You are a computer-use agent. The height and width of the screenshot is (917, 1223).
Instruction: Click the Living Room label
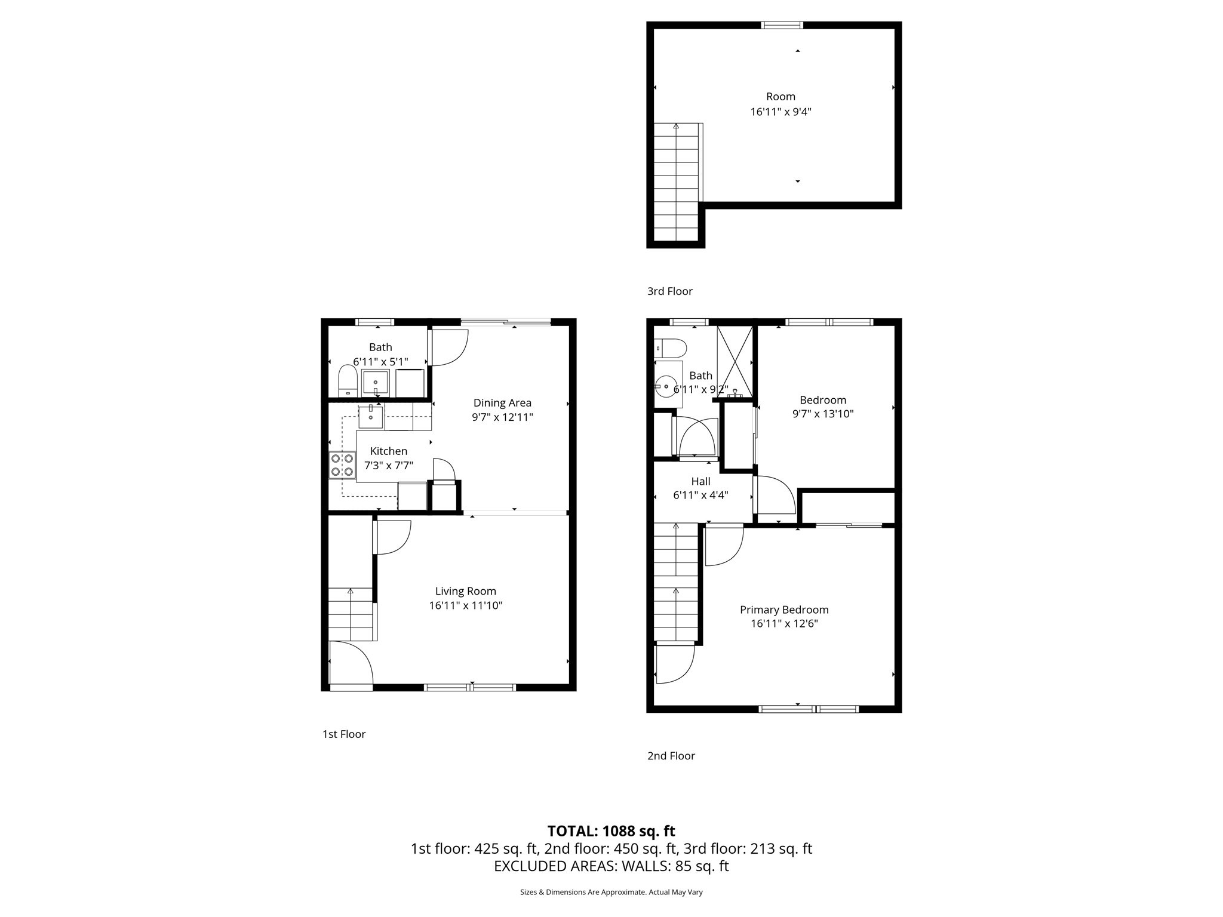465,591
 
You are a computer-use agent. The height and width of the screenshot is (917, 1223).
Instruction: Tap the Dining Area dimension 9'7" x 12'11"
502,417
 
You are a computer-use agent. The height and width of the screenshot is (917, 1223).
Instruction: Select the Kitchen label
389,451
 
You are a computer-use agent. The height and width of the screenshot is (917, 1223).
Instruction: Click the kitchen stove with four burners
342,465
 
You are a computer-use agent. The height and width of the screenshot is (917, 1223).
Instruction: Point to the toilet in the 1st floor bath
348,381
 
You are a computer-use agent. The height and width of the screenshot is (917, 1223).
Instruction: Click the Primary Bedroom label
784,610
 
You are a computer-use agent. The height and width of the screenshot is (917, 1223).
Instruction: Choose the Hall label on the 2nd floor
700,481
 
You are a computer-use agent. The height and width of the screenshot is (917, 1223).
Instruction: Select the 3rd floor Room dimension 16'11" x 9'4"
780,112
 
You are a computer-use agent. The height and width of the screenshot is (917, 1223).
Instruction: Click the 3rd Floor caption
669,291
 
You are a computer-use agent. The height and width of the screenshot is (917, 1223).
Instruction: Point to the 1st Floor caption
344,734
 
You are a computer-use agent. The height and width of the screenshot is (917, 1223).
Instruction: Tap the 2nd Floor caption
671,756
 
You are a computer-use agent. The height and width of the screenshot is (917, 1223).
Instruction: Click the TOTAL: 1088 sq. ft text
611,831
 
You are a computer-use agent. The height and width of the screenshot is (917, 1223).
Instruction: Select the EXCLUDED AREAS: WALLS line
611,866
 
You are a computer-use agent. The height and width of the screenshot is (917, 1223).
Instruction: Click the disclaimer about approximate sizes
611,893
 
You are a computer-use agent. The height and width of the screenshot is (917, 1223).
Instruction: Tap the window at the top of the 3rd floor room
782,25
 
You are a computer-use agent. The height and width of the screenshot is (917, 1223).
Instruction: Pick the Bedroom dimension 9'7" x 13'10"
823,414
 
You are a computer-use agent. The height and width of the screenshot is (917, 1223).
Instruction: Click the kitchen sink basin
371,416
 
